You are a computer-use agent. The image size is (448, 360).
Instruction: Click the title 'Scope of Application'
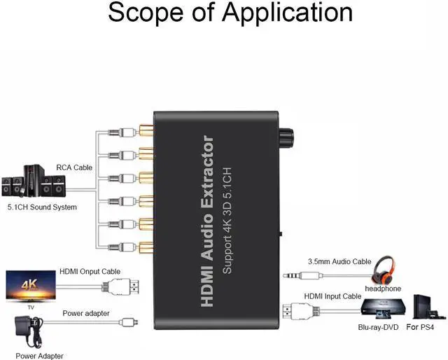230,13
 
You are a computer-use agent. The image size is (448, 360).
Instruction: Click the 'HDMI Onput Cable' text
91,272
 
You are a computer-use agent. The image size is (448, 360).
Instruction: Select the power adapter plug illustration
27,331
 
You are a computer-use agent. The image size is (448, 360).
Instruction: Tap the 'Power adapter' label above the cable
86,313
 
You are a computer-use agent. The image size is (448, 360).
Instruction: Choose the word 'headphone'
383,288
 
